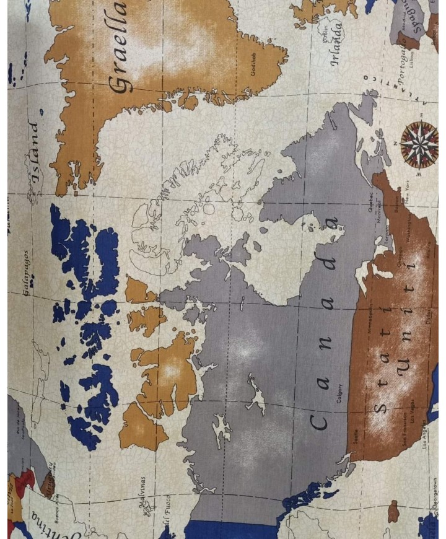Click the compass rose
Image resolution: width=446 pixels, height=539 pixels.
(419, 144)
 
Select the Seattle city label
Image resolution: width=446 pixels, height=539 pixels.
(356, 436)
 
